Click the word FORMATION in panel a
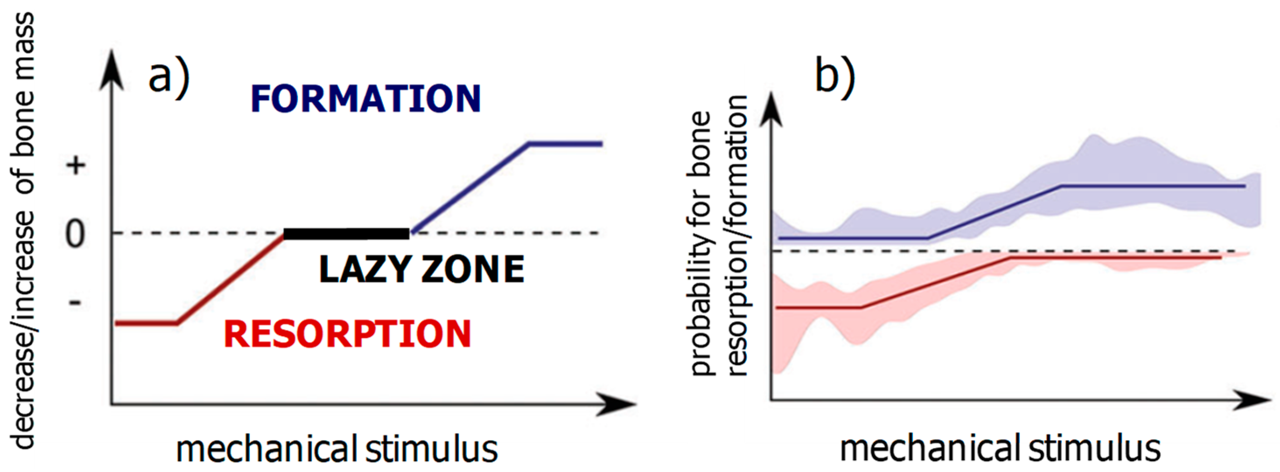click(x=366, y=99)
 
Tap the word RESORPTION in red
click(x=347, y=334)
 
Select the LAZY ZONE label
click(x=422, y=270)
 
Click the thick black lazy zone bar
click(x=346, y=234)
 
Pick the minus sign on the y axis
click(x=74, y=302)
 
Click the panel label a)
click(x=169, y=76)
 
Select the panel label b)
click(x=835, y=76)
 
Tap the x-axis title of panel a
click(x=337, y=449)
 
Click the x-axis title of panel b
click(x=1000, y=449)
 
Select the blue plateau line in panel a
click(x=565, y=144)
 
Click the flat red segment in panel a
click(x=146, y=323)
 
